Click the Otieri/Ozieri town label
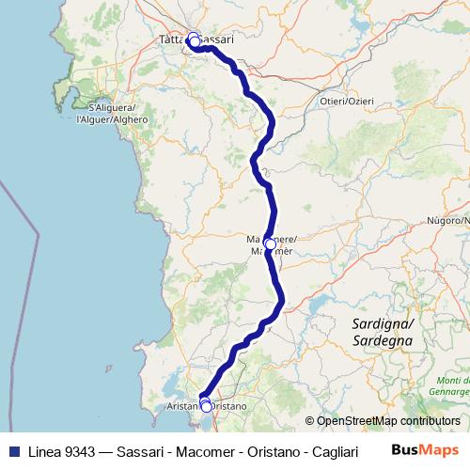click(347, 101)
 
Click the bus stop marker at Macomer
click(270, 244)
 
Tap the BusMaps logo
click(424, 450)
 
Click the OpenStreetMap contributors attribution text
click(388, 421)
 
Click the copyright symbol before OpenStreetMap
click(310, 421)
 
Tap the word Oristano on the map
click(228, 405)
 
